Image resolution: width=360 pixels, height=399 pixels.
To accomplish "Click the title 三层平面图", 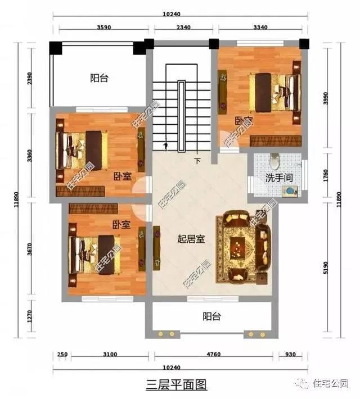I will click(177, 385).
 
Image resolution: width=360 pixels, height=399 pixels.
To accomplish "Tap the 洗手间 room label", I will click(278, 179).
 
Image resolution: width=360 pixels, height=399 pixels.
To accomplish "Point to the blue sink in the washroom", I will click(289, 192).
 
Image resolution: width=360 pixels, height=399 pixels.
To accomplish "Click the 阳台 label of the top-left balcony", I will click(99, 79).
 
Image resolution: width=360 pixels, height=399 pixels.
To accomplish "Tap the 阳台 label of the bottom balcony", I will click(211, 317).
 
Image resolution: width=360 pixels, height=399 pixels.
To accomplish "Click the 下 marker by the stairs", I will click(197, 161).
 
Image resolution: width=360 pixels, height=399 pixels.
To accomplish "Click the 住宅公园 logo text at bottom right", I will click(332, 383).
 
